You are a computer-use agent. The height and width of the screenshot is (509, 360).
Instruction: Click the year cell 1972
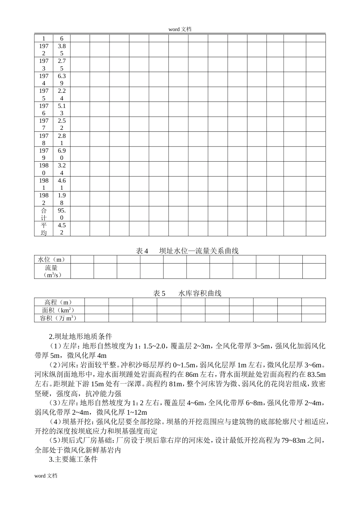44,50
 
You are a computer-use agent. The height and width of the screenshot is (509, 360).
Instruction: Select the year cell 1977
44,124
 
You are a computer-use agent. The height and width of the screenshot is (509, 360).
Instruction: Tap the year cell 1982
44,199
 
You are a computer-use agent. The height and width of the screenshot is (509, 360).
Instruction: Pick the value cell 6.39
62,80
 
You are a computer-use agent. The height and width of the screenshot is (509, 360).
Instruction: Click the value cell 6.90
62,154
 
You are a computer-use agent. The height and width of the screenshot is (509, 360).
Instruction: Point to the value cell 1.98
62,199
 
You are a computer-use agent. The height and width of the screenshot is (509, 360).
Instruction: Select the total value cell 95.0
62,214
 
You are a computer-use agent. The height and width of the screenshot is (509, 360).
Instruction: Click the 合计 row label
44,214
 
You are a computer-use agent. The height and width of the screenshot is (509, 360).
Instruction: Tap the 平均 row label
44,229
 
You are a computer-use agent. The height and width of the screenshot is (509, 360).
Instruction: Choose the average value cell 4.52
62,229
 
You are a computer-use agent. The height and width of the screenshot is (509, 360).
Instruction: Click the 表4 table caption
187,251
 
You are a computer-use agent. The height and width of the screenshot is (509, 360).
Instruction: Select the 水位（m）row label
52,259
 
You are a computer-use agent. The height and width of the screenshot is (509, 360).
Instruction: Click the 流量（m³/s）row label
52,271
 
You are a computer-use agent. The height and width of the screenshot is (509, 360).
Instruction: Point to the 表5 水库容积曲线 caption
187,293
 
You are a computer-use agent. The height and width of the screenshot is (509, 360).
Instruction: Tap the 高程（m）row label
59,302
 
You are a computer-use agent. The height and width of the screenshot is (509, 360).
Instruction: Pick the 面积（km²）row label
59,310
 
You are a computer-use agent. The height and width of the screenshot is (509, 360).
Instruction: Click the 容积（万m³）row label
59,318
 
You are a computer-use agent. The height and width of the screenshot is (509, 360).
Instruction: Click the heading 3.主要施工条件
73,459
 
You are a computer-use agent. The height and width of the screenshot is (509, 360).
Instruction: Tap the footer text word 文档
45,476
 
